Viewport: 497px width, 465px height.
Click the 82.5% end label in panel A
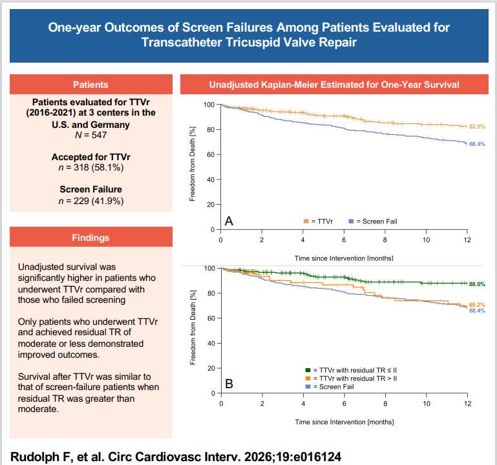(x=477, y=127)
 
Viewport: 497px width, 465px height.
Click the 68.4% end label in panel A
(x=477, y=144)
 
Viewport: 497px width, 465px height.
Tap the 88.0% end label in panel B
(x=477, y=284)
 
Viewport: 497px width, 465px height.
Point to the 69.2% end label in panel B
(x=477, y=305)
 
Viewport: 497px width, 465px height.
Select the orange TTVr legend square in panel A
(x=306, y=222)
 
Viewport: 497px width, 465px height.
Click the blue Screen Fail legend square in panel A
(x=351, y=222)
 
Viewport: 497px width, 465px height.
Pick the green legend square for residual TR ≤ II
(x=308, y=370)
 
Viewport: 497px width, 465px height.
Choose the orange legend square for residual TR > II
(x=308, y=378)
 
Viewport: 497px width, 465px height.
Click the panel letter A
(x=229, y=221)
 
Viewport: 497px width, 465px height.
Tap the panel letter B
(x=229, y=384)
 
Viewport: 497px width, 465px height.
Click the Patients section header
(x=90, y=85)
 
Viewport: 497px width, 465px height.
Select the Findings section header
(x=90, y=238)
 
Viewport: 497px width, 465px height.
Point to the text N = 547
(x=90, y=135)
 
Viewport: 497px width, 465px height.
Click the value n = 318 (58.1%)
(x=91, y=167)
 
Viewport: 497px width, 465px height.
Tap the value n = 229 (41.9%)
(x=91, y=201)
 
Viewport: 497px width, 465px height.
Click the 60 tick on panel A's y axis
(x=211, y=154)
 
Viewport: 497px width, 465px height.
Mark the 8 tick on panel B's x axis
(x=385, y=404)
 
